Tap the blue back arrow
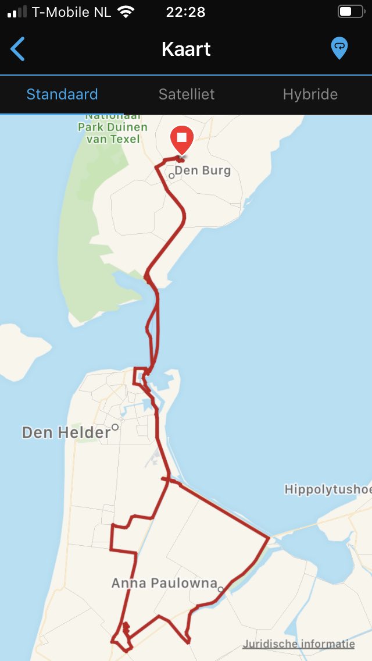pyautogui.click(x=18, y=49)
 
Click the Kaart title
pyautogui.click(x=186, y=49)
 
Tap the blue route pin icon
pyautogui.click(x=339, y=48)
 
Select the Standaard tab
pyautogui.click(x=62, y=94)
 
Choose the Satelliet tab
pyautogui.click(x=187, y=94)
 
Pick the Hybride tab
pyautogui.click(x=310, y=94)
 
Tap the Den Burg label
pyautogui.click(x=202, y=170)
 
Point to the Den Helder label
pyautogui.click(x=66, y=432)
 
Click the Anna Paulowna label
pyautogui.click(x=164, y=583)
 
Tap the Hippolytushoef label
pyautogui.click(x=327, y=490)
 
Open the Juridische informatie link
pyautogui.click(x=299, y=644)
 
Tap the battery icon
pyautogui.click(x=350, y=12)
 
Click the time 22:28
pyautogui.click(x=185, y=12)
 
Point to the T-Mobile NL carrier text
pyautogui.click(x=71, y=12)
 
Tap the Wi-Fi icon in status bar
pyautogui.click(x=126, y=12)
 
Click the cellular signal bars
pyautogui.click(x=17, y=12)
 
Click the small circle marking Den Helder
pyautogui.click(x=115, y=427)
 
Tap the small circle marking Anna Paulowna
pyautogui.click(x=221, y=589)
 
